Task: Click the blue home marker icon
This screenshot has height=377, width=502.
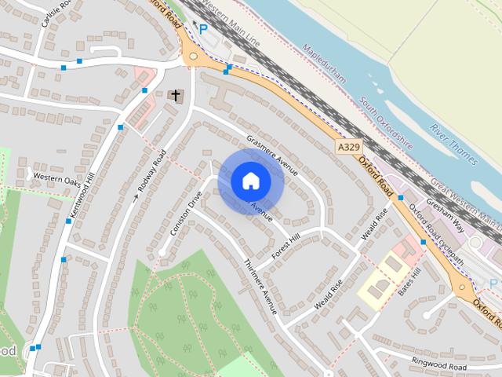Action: pyautogui.click(x=249, y=181)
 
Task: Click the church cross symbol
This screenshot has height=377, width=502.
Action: pyautogui.click(x=176, y=97)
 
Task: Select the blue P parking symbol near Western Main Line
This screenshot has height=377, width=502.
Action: pyautogui.click(x=203, y=29)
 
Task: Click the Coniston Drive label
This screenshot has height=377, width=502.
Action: pyautogui.click(x=186, y=214)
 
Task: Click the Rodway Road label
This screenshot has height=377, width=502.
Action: pyautogui.click(x=151, y=171)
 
